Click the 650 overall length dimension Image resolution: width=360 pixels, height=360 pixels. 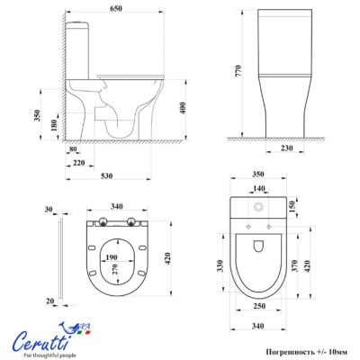pos(116,8)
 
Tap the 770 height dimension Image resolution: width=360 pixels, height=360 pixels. pos(238,71)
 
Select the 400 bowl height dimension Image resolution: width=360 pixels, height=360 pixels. pos(183,108)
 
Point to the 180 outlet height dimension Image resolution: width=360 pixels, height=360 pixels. pos(54,125)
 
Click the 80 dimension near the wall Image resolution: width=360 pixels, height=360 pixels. pos(73,149)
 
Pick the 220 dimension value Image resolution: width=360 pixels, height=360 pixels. pos(79,163)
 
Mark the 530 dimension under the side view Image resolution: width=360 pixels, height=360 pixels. pos(106,175)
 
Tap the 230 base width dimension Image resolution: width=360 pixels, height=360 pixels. pos(286,148)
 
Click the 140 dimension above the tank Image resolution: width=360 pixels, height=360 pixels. pos(258,188)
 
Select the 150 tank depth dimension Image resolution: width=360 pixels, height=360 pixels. pos(292,205)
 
